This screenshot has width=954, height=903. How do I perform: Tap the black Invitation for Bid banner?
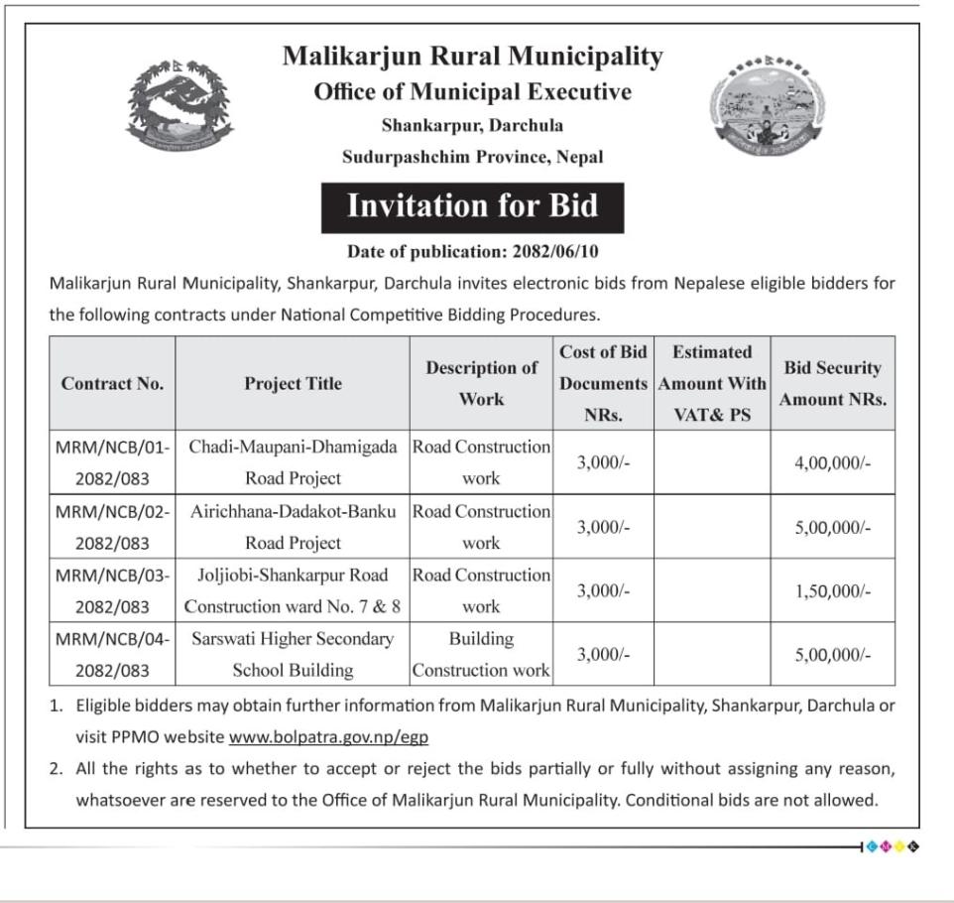coord(472,206)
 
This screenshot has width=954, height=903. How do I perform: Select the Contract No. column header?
coord(112,384)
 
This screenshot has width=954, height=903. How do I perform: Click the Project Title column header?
coord(293,384)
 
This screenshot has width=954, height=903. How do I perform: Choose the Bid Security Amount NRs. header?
coord(832,384)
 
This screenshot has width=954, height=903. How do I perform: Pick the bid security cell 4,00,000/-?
coord(832,462)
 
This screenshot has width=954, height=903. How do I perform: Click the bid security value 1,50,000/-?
coord(832,590)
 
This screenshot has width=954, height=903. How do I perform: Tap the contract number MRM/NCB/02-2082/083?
coord(112,527)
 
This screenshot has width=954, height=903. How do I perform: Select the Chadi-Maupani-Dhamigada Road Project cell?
coord(293,462)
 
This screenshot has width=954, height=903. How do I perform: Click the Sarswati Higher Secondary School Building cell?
coord(293,654)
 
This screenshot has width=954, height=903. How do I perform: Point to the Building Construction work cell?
coord(481,654)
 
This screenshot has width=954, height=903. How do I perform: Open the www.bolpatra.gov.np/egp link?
coord(328,737)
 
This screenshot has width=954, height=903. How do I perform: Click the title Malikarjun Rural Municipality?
coord(472,57)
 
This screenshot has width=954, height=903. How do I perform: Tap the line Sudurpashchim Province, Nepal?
coord(472,157)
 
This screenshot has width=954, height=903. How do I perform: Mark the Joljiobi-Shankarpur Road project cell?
coord(293,590)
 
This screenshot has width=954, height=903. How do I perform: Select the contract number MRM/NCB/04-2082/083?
coord(112,654)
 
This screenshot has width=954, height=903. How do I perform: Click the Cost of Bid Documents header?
coord(602,384)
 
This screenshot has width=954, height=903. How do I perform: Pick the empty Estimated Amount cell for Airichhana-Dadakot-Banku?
coord(711,527)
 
